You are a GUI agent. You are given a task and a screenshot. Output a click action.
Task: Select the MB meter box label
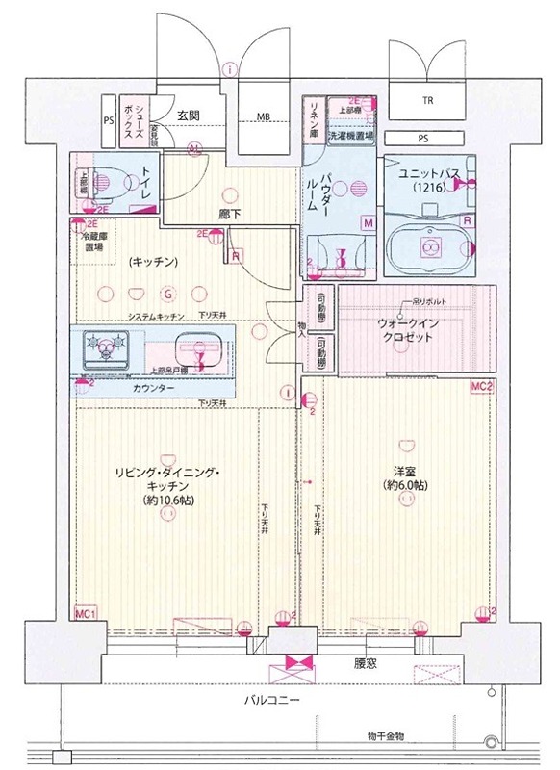[x=262, y=118]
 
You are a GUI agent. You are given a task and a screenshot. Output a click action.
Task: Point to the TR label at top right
[x=424, y=100]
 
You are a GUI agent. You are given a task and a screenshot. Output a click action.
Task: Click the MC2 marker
[x=481, y=386]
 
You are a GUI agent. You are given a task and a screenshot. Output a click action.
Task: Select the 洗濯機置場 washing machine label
[x=350, y=137]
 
